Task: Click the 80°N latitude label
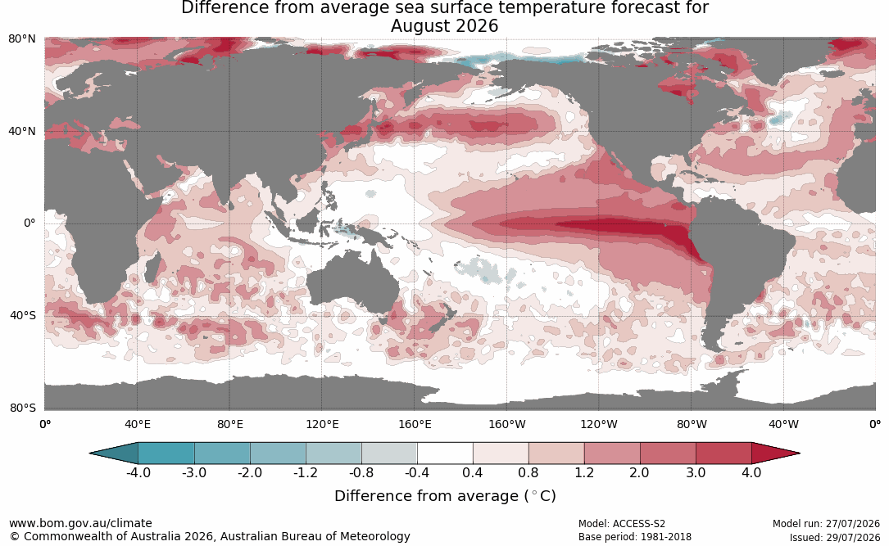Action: [x=21, y=39]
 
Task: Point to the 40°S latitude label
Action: [x=22, y=315]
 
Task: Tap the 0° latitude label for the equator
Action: [x=29, y=223]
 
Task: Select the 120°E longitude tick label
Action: [x=322, y=424]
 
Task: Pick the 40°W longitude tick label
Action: [x=783, y=424]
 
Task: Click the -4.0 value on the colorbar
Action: [x=138, y=472]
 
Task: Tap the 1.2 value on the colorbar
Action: [x=584, y=472]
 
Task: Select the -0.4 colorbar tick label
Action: [x=417, y=472]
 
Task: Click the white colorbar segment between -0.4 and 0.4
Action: [x=445, y=453]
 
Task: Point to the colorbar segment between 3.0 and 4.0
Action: [x=723, y=453]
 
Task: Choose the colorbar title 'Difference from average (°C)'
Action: [x=445, y=496]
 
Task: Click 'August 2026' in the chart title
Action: [x=444, y=26]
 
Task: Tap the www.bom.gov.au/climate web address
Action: [x=80, y=523]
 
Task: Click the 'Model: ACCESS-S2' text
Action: [x=621, y=524]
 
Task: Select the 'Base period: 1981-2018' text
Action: [x=634, y=536]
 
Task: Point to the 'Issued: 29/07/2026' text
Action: [x=835, y=537]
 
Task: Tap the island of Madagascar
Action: [x=152, y=268]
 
